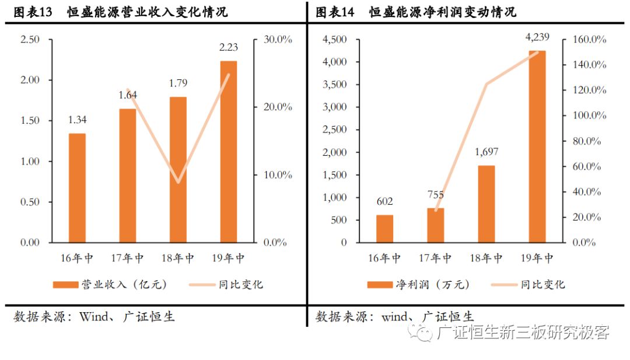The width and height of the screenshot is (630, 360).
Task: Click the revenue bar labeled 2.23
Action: click(229, 152)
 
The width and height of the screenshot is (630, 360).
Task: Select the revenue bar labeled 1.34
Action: click(77, 188)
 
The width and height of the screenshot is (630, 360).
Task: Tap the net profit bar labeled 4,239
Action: click(537, 146)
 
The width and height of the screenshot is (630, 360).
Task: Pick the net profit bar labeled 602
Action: click(385, 229)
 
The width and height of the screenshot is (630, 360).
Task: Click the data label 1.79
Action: click(178, 83)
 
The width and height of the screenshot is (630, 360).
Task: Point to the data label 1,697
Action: click(487, 152)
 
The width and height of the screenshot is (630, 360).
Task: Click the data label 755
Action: click(436, 195)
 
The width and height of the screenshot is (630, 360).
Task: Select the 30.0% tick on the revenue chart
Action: click(278, 39)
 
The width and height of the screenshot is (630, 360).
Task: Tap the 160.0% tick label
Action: click(589, 39)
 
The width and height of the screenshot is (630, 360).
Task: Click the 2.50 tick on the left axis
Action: click(30, 39)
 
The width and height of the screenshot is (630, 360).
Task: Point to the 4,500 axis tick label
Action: click(335, 39)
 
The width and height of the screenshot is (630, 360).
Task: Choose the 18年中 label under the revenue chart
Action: click(177, 258)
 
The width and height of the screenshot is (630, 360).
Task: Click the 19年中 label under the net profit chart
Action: click(537, 258)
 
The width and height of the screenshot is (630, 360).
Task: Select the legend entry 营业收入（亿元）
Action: click(110, 285)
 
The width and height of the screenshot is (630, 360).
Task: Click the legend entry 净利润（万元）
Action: click(418, 285)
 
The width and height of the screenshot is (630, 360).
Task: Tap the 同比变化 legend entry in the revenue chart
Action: click(226, 285)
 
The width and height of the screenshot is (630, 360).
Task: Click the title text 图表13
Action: click(33, 12)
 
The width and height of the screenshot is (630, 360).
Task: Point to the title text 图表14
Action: click(335, 12)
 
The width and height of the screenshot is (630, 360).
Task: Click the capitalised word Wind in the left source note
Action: click(93, 317)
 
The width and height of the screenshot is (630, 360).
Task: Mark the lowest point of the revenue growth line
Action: click(178, 182)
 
